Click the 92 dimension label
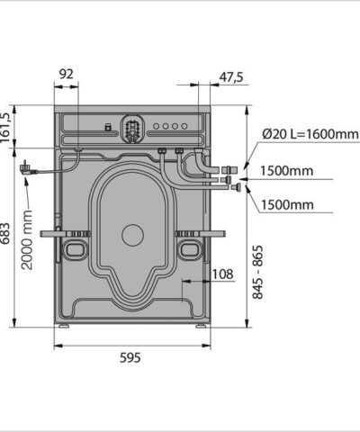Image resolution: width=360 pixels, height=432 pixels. (66, 74)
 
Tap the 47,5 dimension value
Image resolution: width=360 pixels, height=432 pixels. (231, 77)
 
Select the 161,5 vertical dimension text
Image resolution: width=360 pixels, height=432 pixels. (5, 128)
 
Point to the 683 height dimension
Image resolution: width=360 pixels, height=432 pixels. (5, 234)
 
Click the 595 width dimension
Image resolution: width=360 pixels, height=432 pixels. (130, 357)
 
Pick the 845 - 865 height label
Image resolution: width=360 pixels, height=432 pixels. (257, 272)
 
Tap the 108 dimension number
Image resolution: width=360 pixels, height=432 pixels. (222, 274)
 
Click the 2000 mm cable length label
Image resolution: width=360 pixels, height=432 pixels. (27, 239)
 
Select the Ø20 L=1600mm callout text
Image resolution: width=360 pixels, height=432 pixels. (310, 134)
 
